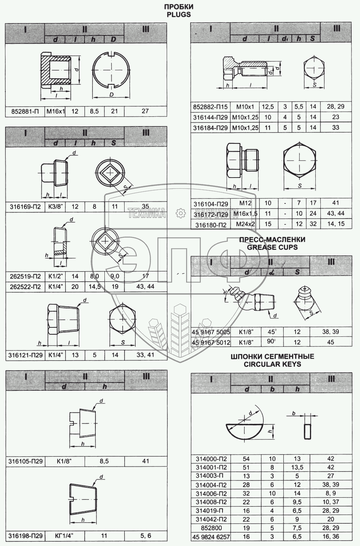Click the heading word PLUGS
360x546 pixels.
(x=179, y=15)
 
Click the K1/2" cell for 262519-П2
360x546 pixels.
(x=55, y=276)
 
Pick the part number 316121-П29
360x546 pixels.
(x=25, y=355)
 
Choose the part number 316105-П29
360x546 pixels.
(x=25, y=461)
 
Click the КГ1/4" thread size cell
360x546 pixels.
(x=64, y=536)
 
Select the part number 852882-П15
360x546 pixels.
(x=210, y=107)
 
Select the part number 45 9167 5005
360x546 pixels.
(x=211, y=332)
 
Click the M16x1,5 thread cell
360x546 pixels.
(x=245, y=214)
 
